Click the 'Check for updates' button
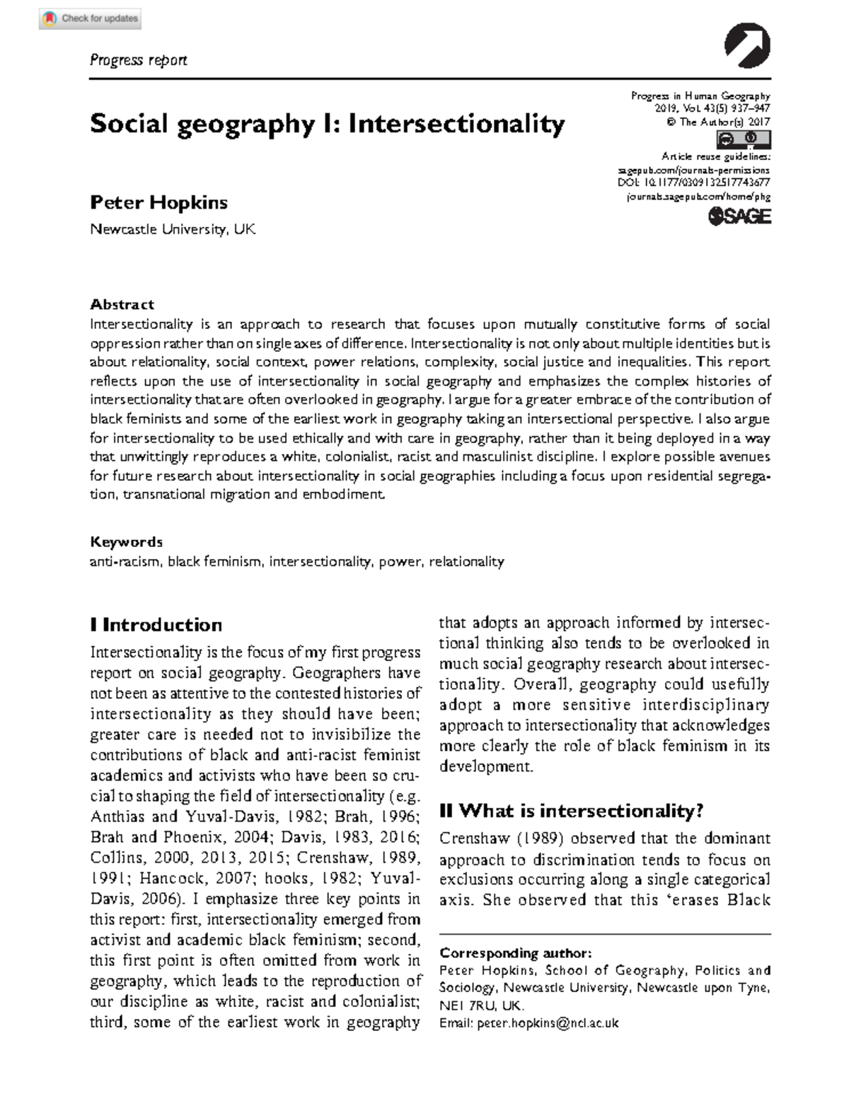point(90,18)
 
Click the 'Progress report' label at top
point(138,60)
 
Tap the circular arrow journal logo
point(747,46)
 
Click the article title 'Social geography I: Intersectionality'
point(327,124)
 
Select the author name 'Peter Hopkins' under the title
point(158,202)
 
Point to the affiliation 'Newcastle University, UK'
point(172,229)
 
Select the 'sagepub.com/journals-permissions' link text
point(693,171)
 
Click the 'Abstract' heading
point(122,304)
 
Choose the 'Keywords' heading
point(126,542)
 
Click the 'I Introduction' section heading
point(156,625)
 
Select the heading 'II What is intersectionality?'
point(571,811)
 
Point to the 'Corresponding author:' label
point(515,952)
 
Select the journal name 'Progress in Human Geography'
point(700,96)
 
